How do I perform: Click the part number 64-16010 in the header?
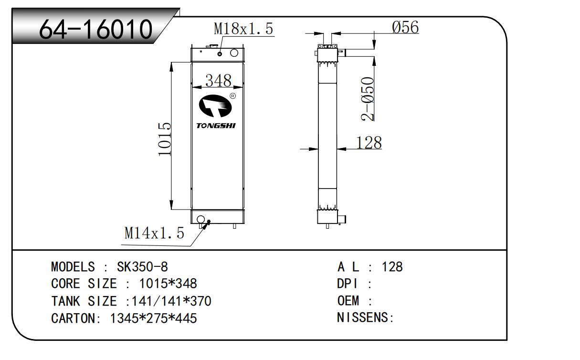(96, 29)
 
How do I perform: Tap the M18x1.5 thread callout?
(243, 29)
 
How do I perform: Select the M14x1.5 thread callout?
(154, 233)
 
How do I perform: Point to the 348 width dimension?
(218, 80)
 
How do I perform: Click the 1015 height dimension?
(165, 139)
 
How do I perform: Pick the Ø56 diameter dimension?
(405, 27)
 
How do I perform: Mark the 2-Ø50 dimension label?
(368, 99)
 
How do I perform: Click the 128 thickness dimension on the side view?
(369, 143)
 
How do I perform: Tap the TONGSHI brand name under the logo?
(216, 126)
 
